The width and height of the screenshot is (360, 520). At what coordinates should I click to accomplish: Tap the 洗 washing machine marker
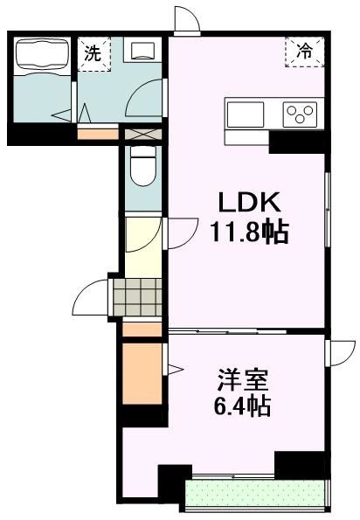(x=93, y=53)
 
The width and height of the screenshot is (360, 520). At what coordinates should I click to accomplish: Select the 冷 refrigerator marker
(x=304, y=52)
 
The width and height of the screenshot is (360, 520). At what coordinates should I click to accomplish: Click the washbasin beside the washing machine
(x=141, y=51)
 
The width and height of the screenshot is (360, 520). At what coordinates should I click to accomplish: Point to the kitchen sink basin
(x=245, y=114)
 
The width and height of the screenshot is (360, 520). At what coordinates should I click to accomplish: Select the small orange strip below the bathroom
(x=97, y=135)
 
